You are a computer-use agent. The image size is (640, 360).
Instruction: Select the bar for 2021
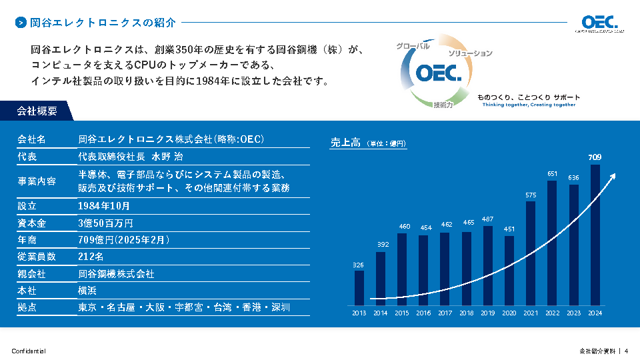pyautogui.click(x=531, y=253)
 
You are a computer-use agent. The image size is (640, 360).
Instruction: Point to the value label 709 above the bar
pyautogui.click(x=595, y=157)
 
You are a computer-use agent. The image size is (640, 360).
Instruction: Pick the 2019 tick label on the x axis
pyautogui.click(x=487, y=313)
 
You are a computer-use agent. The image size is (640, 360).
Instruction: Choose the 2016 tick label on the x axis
pyautogui.click(x=423, y=313)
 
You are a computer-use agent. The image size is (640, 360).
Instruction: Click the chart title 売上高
pyautogui.click(x=345, y=142)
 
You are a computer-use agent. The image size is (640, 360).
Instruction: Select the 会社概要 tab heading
pyautogui.click(x=37, y=111)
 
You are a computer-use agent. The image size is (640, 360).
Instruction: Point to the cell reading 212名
pyautogui.click(x=91, y=257)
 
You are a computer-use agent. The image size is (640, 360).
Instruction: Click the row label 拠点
pyautogui.click(x=27, y=307)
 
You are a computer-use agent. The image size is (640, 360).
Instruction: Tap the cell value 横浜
pyautogui.click(x=87, y=291)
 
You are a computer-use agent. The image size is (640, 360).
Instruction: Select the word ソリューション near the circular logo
pyautogui.click(x=470, y=53)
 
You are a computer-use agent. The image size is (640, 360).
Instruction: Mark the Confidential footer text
pyautogui.click(x=29, y=351)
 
